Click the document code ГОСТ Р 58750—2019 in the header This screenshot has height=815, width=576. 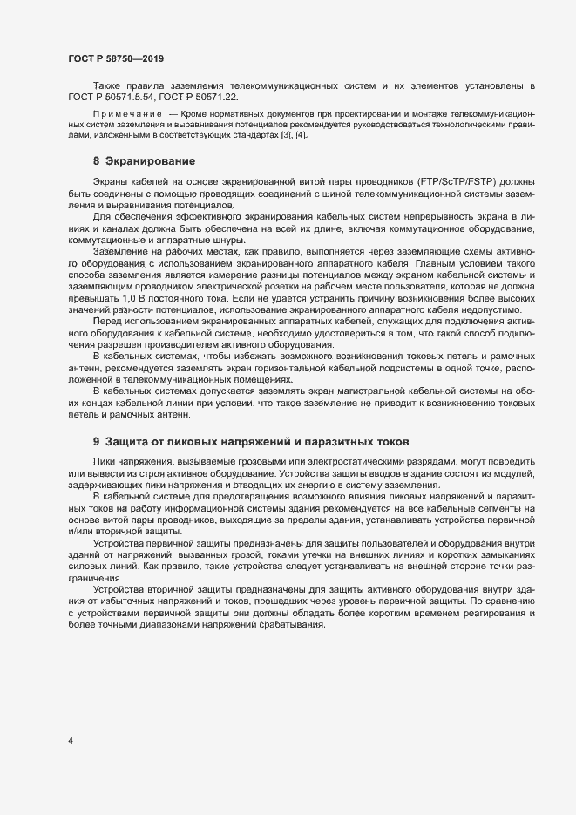pos(116,58)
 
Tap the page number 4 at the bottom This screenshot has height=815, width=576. pos(71,741)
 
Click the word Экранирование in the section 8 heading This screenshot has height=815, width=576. pos(149,161)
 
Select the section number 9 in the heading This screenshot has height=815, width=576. pos(97,442)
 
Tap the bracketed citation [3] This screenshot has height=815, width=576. pos(285,135)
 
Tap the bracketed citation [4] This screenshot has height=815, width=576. pos(301,135)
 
